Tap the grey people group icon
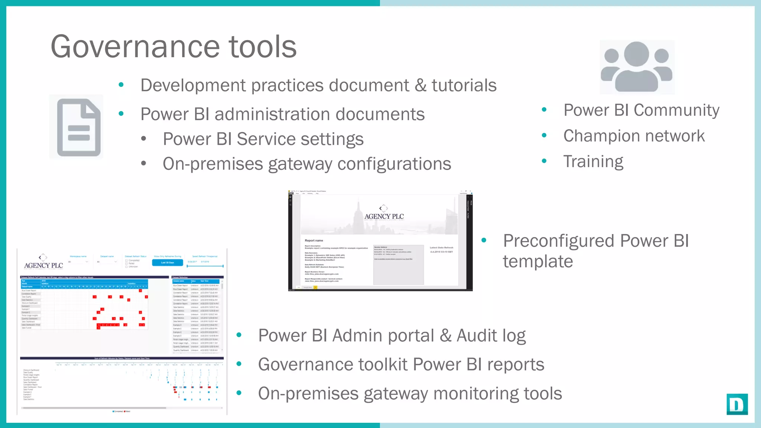(x=637, y=67)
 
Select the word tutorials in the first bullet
(x=464, y=85)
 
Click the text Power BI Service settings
(x=263, y=139)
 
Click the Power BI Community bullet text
(x=641, y=110)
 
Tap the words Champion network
(x=634, y=136)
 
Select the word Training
(x=593, y=162)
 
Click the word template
(x=538, y=261)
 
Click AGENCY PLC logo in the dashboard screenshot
(x=43, y=263)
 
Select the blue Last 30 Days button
(x=167, y=262)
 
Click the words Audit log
(x=491, y=335)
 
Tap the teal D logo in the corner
(x=736, y=404)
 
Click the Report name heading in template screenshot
(x=314, y=240)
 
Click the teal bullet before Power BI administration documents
(x=121, y=114)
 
